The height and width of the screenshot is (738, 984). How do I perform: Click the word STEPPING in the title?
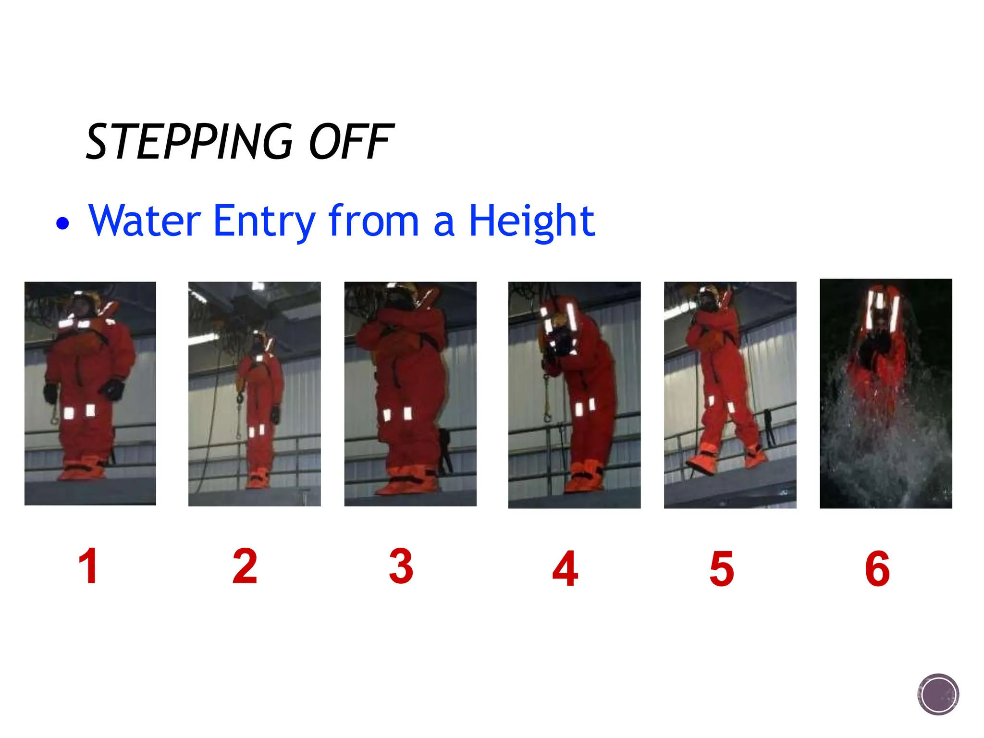tap(189, 142)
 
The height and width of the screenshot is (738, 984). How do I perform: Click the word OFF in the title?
tap(351, 142)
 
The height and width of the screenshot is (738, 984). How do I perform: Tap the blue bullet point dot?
tap(62, 223)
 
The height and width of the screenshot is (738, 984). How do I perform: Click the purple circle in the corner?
tap(938, 694)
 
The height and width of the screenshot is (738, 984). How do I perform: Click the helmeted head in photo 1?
tap(84, 305)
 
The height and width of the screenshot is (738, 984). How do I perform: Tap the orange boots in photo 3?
tap(406, 483)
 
